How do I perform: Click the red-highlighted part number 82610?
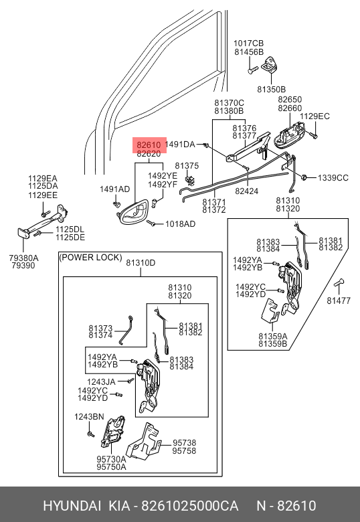coord(149,145)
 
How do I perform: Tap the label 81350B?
coord(271,89)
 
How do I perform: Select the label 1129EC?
coord(314,116)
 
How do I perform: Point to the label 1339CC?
coord(333,178)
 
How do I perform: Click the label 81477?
coord(339,300)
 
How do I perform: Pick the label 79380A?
coord(23,258)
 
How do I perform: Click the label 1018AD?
coord(180,224)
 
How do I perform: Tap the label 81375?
coord(187,166)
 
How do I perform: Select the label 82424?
coord(246,191)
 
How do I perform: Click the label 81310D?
coord(141,262)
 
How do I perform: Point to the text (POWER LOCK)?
coord(90,258)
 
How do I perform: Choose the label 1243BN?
coord(89,417)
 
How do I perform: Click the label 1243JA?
coord(101,382)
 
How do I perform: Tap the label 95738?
coord(184,443)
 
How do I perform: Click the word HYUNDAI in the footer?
coord(72,506)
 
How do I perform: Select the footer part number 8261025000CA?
coord(190,506)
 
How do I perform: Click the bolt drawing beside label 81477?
coord(339,284)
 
